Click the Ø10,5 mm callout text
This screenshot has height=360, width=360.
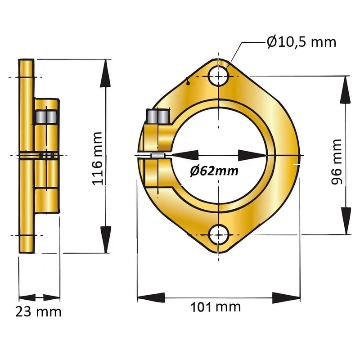click(301, 42)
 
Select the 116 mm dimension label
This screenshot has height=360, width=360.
click(97, 159)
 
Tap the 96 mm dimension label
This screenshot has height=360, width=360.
click(337, 162)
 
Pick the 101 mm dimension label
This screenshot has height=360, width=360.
click(216, 307)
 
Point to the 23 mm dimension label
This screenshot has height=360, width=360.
click(38, 312)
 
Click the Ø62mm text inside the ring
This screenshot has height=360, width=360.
click(214, 171)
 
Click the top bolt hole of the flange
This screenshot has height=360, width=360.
click(219, 76)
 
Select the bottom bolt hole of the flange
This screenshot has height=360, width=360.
click(219, 235)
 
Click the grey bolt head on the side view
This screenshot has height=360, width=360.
click(47, 117)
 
